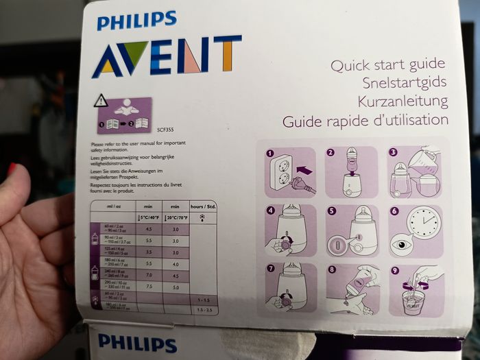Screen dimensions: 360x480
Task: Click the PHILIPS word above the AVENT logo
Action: (137, 21)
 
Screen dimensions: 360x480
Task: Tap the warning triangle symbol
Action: (101, 101)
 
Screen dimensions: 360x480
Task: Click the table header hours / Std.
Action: (203, 206)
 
